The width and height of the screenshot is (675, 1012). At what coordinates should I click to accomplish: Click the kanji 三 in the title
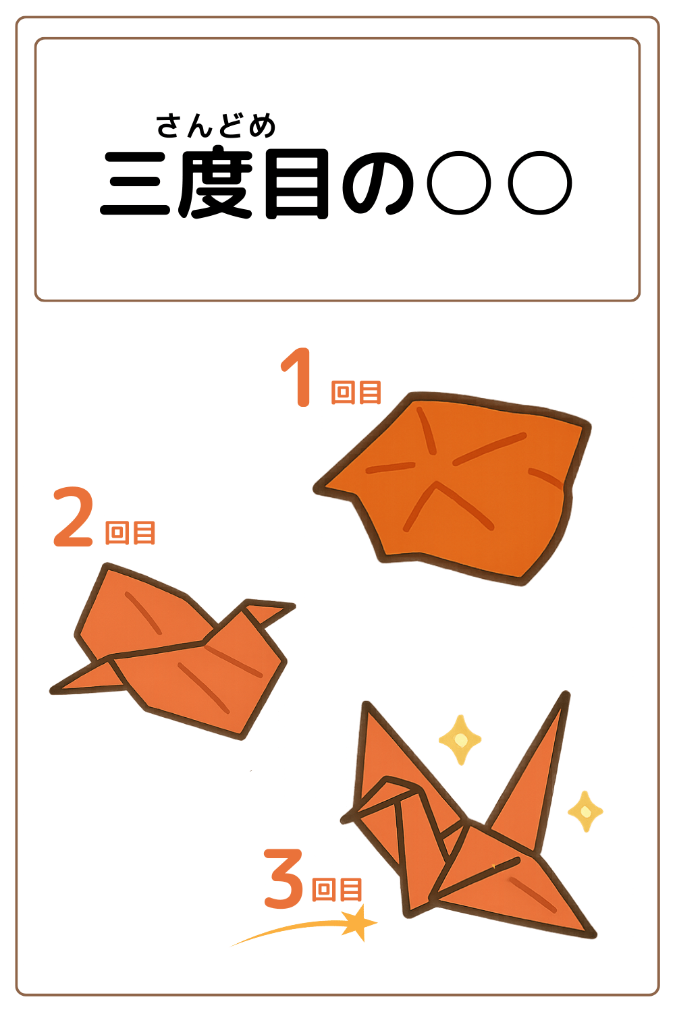tap(135, 184)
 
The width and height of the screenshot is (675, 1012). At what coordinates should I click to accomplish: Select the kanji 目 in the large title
tap(297, 184)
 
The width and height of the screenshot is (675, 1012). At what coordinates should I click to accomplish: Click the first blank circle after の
tap(460, 183)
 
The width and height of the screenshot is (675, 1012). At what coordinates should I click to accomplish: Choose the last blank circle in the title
tap(540, 183)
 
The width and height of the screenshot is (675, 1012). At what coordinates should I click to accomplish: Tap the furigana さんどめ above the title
tap(216, 126)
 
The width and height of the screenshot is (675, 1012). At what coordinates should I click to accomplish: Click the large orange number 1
tap(298, 378)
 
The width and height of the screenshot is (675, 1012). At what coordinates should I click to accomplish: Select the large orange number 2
tap(73, 517)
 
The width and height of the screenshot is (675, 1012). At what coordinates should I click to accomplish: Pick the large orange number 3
tap(283, 878)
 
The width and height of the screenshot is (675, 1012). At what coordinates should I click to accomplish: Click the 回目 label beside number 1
tap(356, 392)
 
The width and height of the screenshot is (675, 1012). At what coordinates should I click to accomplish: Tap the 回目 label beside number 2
tap(130, 532)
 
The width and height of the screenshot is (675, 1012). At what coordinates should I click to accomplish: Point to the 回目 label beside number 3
tap(337, 889)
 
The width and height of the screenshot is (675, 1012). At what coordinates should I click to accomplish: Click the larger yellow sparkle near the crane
tap(460, 739)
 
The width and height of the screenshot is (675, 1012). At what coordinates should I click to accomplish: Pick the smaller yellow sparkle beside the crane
tap(585, 811)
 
